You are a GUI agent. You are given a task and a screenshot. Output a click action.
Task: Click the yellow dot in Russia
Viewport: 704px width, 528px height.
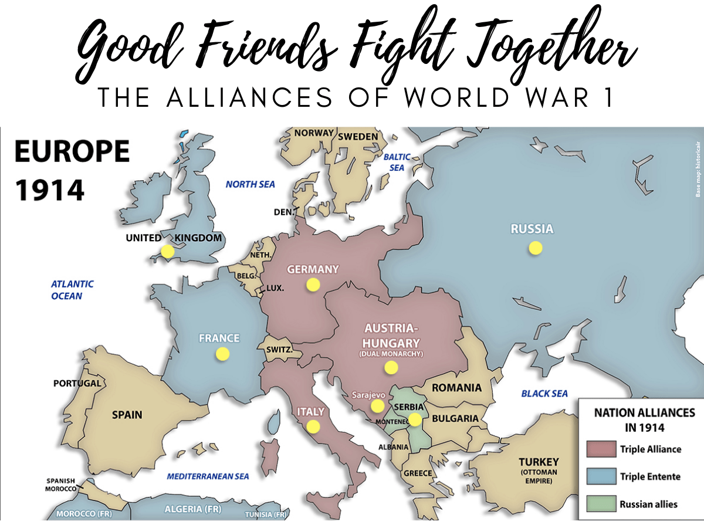535,248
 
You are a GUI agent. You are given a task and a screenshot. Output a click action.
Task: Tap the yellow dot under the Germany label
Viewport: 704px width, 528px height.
313,285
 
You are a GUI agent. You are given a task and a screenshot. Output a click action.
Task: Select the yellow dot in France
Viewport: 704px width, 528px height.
222,354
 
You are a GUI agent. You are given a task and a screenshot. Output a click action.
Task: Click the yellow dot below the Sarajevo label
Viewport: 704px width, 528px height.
377,406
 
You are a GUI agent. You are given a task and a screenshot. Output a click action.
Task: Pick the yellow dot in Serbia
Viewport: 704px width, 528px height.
415,419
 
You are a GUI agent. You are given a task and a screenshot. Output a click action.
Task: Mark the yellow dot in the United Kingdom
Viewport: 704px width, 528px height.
168,251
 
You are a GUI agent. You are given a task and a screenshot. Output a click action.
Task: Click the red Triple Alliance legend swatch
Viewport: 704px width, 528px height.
600,449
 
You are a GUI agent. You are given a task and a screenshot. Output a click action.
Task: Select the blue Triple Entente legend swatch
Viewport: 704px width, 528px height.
600,476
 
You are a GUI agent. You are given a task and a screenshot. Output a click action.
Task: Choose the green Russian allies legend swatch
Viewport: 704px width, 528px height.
600,503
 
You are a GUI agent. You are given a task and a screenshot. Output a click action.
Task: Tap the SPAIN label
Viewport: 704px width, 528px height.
127,415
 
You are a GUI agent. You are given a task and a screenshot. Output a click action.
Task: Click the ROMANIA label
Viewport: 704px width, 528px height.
456,388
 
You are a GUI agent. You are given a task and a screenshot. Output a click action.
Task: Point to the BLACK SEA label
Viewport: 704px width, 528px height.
544,394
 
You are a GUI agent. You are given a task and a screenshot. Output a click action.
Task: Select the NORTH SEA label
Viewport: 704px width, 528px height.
250,184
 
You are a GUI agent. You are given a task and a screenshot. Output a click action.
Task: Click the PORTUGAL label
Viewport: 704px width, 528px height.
77,384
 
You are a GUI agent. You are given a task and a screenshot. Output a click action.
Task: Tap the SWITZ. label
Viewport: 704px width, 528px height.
279,350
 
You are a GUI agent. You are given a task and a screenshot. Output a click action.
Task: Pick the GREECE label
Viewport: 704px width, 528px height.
418,473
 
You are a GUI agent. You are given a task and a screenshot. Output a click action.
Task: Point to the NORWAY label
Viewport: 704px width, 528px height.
314,133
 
